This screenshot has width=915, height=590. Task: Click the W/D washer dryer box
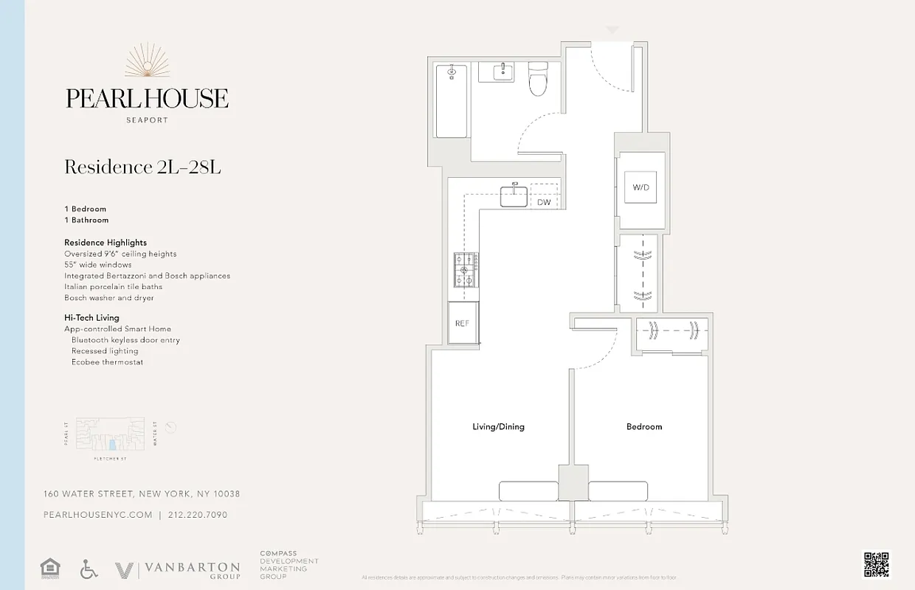(640, 187)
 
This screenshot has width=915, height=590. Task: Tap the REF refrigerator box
(462, 323)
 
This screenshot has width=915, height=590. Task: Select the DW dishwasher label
(544, 202)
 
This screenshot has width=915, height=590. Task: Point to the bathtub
(451, 101)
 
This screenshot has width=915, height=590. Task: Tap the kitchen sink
(514, 196)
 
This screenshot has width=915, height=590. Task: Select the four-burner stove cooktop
(466, 270)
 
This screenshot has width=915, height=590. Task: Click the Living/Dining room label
(498, 426)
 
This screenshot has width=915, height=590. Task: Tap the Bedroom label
(644, 426)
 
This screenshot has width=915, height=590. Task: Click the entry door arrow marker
(612, 30)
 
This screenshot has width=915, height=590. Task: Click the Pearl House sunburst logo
(147, 61)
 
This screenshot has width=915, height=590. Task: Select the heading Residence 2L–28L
(142, 167)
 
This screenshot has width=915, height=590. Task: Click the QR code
(876, 564)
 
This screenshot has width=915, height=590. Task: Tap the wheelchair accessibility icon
(89, 569)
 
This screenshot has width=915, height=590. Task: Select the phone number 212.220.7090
(198, 515)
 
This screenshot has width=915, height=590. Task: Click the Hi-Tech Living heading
(91, 318)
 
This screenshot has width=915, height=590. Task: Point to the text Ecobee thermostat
(107, 362)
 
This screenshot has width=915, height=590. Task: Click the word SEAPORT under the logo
(147, 119)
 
